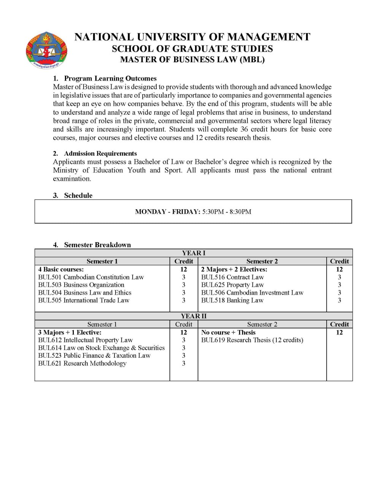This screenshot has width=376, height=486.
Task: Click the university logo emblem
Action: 46,50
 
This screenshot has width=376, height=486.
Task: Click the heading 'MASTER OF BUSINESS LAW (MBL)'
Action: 192,60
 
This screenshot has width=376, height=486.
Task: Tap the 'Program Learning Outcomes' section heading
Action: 110,79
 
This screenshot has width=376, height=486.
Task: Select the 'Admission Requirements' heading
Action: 100,153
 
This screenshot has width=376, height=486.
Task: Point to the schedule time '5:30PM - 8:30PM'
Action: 227,211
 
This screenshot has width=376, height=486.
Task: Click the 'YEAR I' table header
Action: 194,253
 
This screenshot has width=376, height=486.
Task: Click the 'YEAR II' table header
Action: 194,316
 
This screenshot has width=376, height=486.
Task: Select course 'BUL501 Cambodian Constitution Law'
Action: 91,277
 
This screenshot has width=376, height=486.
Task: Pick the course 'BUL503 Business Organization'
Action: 81,285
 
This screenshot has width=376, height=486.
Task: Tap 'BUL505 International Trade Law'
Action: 84,300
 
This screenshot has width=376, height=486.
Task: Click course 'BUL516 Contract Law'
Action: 232,277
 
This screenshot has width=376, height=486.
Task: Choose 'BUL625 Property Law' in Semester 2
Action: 232,285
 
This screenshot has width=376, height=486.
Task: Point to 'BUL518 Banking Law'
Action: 232,300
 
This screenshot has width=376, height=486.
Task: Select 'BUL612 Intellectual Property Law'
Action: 85,340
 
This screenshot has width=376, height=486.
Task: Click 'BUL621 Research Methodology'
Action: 82,363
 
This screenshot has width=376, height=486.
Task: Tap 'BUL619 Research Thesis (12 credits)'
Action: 252,340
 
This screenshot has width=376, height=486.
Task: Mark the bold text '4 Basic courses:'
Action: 61,270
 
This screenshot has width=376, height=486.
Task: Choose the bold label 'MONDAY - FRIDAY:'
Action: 168,211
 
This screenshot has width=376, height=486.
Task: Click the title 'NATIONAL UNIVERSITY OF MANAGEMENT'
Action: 192,37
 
